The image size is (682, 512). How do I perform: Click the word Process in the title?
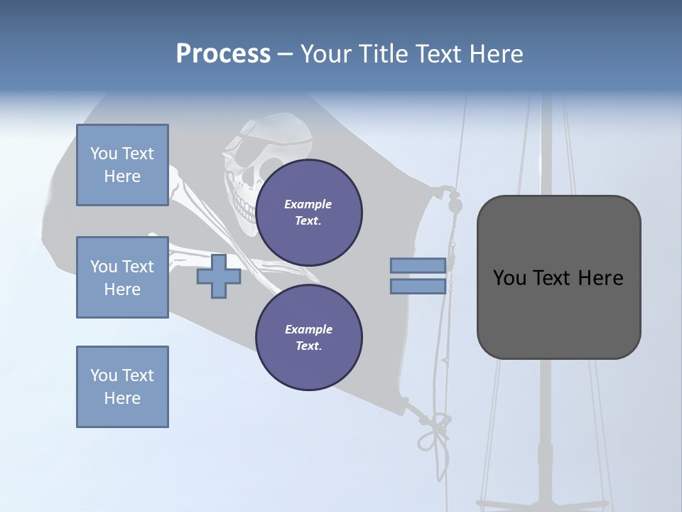tap(223, 54)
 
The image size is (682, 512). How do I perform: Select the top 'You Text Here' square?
tap(122, 165)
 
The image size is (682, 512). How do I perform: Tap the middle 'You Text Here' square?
tap(122, 277)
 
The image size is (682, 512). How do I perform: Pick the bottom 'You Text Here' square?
tap(122, 387)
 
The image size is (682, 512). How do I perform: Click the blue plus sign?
tap(219, 277)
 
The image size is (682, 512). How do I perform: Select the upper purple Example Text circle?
tap(309, 213)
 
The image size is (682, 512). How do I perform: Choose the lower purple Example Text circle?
tap(309, 337)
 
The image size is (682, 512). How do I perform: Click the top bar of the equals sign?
tap(418, 266)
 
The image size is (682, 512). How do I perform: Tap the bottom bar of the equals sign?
tap(418, 287)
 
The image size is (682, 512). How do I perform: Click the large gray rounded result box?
tap(558, 277)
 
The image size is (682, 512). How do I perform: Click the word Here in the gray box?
tap(600, 278)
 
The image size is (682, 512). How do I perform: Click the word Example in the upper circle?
tap(308, 204)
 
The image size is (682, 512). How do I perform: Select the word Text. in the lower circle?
tap(308, 346)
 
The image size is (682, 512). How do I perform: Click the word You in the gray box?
tap(509, 278)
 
